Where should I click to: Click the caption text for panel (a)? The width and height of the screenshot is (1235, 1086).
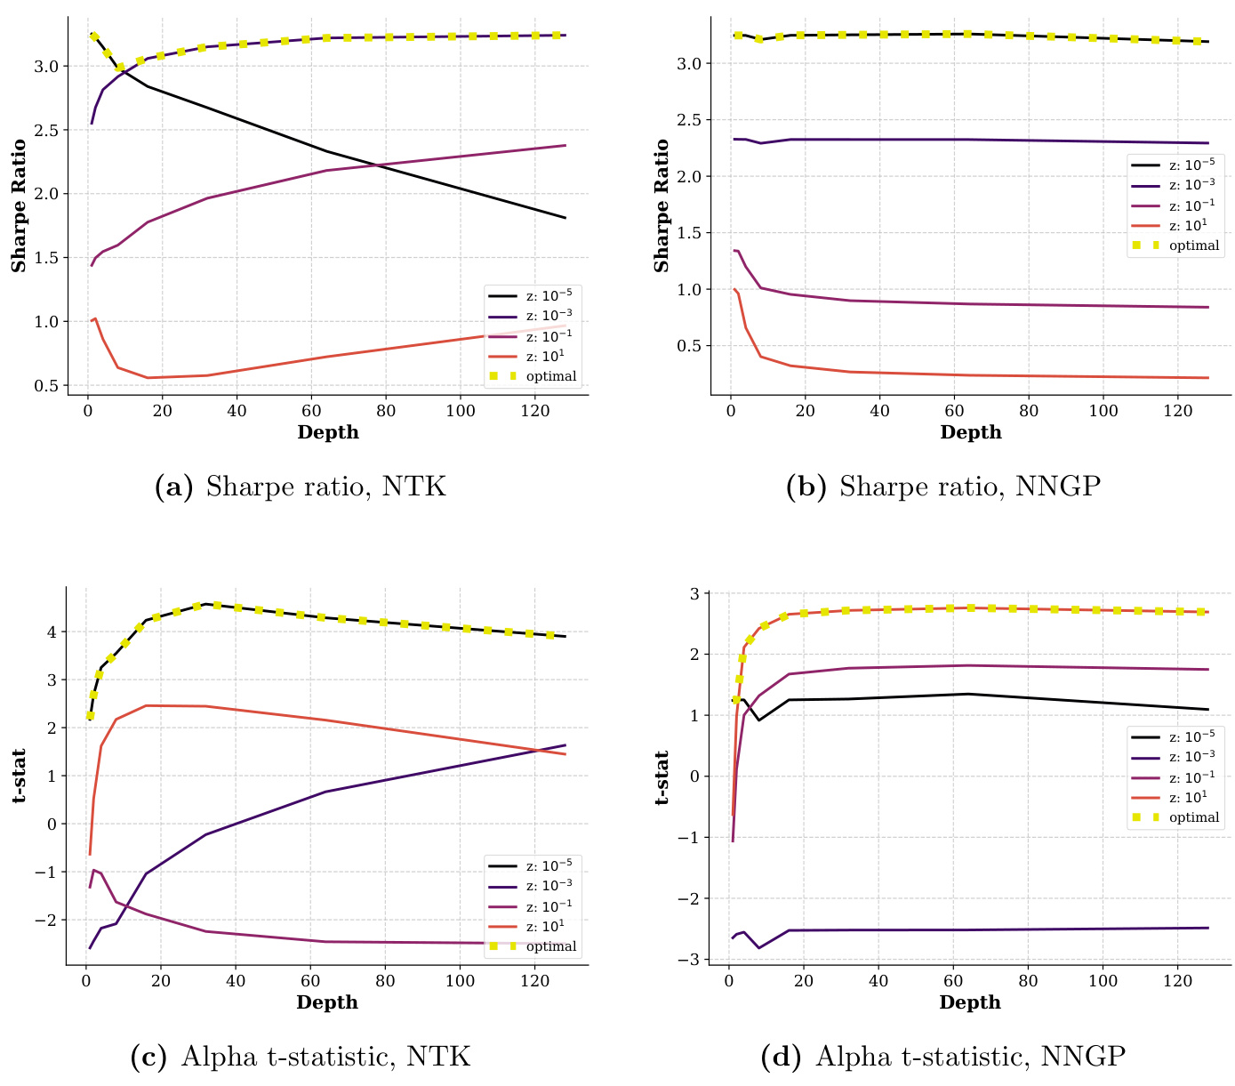click(300, 487)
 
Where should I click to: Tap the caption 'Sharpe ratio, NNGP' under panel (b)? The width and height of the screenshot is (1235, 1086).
click(943, 487)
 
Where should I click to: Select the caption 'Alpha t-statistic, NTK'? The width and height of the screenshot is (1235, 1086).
click(300, 1057)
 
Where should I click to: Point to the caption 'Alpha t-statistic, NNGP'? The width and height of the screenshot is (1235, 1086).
click(943, 1057)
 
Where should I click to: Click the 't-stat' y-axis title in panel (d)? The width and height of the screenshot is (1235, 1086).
click(662, 777)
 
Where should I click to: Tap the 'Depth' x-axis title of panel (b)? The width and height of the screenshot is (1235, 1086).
click(970, 433)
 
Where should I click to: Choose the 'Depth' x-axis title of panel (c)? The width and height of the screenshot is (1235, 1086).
click(327, 1003)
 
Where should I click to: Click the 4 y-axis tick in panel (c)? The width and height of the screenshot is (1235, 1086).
click(52, 632)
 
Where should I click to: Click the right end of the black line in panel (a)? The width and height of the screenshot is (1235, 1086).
click(565, 218)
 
